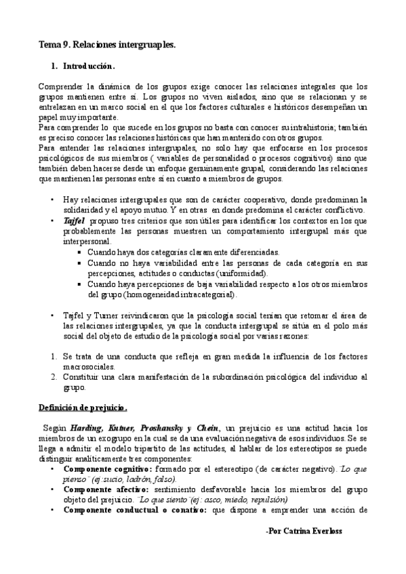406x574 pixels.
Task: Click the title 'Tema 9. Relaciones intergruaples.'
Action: coord(107,45)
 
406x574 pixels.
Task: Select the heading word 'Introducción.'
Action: coord(89,68)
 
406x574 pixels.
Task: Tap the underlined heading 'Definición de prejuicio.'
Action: coord(82,407)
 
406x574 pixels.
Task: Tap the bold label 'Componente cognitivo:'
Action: coord(107,468)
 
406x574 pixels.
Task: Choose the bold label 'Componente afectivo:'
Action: coord(104,489)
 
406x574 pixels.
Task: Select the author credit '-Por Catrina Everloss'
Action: coord(304,532)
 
